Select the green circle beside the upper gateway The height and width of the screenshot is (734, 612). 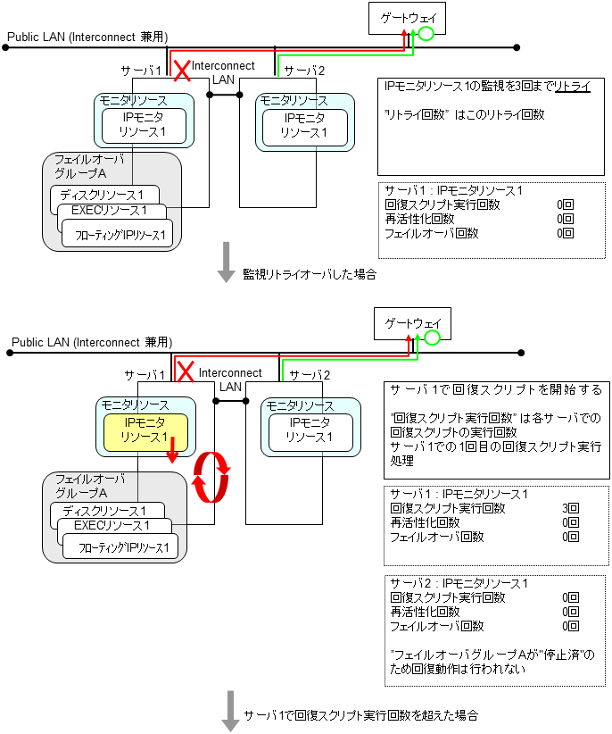tap(426, 35)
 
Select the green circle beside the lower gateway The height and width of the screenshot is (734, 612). tap(432, 338)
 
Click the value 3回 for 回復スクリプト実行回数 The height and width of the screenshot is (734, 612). tap(570, 508)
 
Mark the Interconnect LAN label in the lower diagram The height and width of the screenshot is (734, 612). tap(230, 380)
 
